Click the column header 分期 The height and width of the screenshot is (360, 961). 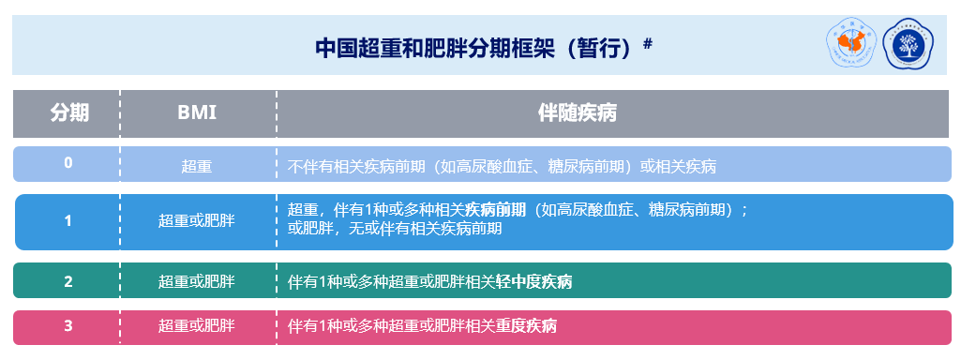[x=68, y=113]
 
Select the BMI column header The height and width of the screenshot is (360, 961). [x=197, y=113]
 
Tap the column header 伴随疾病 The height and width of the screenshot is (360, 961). [x=577, y=113]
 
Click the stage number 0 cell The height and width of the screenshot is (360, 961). [x=68, y=163]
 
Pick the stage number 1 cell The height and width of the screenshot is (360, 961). [x=68, y=221]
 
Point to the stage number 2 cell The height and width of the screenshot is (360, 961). [x=68, y=281]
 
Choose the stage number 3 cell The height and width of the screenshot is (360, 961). [x=68, y=326]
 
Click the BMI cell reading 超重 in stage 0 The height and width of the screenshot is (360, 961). [x=197, y=167]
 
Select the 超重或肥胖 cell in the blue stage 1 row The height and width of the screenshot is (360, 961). [x=197, y=221]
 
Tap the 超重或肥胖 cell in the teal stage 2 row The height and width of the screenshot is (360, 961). [x=197, y=281]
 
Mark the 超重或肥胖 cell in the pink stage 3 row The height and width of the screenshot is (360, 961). [x=197, y=326]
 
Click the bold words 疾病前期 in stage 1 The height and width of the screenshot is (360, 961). [x=496, y=209]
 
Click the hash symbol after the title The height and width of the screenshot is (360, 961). [x=647, y=42]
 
